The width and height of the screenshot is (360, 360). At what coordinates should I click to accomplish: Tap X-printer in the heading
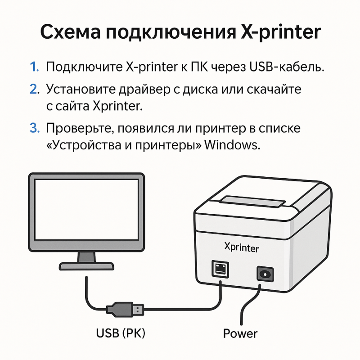pyautogui.click(x=280, y=32)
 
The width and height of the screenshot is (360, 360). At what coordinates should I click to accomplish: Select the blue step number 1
pyautogui.click(x=35, y=67)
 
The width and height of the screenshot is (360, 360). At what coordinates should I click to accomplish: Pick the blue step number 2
pyautogui.click(x=35, y=89)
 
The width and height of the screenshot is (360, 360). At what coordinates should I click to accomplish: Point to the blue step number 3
pyautogui.click(x=35, y=128)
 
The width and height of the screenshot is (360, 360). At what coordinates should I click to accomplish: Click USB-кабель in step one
pyautogui.click(x=286, y=67)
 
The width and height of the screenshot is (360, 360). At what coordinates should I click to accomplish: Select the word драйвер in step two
pyautogui.click(x=144, y=89)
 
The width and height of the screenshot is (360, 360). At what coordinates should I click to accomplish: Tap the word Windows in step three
pyautogui.click(x=232, y=145)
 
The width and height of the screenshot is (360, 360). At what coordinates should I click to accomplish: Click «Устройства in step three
pyautogui.click(x=84, y=145)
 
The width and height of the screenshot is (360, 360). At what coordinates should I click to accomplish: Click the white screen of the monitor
pyautogui.click(x=86, y=210)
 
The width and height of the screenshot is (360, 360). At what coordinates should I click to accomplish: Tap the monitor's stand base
pyautogui.click(x=86, y=266)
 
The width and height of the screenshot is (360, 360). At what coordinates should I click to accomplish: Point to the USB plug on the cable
pyautogui.click(x=125, y=310)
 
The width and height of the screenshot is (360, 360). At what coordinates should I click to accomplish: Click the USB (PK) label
pyautogui.click(x=121, y=333)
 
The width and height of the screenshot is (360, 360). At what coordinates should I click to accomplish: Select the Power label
pyautogui.click(x=240, y=333)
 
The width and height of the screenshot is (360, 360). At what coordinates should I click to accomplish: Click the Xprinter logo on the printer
pyautogui.click(x=242, y=247)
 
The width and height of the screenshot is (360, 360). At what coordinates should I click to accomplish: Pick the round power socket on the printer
pyautogui.click(x=265, y=274)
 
